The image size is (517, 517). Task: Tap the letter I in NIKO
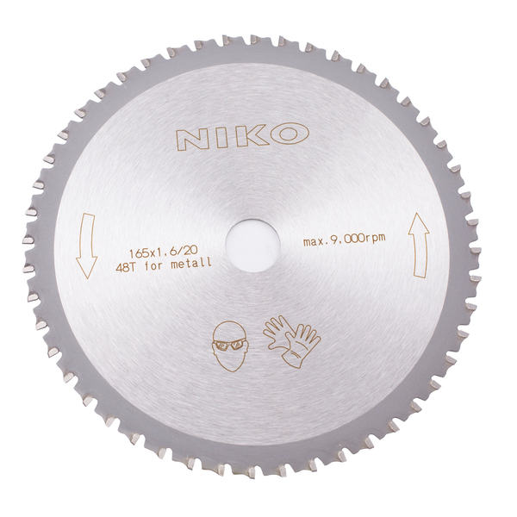[221, 137]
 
